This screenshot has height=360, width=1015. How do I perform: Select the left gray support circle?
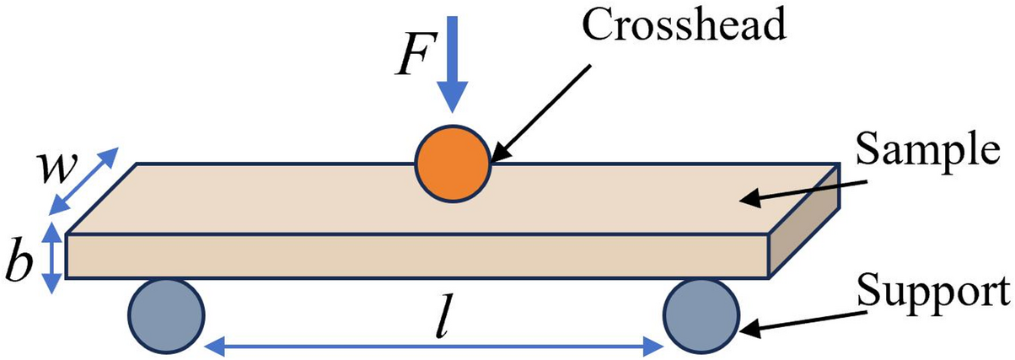click(x=166, y=317)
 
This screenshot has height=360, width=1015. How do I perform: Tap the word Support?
click(x=932, y=292)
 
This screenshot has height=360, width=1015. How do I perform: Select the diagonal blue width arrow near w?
click(x=85, y=180)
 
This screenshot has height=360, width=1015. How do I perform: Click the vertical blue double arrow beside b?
click(x=52, y=257)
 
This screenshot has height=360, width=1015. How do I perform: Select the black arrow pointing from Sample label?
click(x=801, y=191)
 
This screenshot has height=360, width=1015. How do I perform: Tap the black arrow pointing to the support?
click(x=801, y=322)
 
